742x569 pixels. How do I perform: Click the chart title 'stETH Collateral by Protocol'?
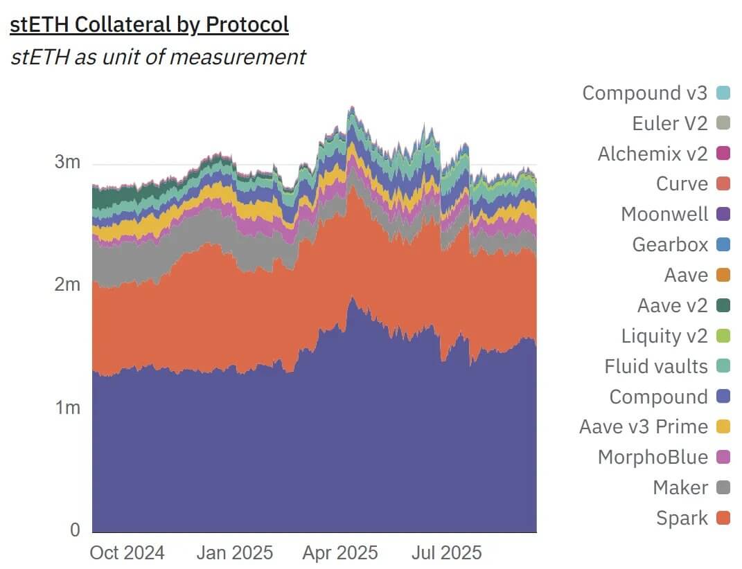pos(149,25)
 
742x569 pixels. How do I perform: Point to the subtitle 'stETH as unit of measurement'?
pos(158,56)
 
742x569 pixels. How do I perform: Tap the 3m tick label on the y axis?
pos(67,163)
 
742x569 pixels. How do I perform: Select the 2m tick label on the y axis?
pos(67,285)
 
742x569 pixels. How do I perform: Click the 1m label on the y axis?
pos(67,408)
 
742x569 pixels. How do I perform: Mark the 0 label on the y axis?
pos(74,530)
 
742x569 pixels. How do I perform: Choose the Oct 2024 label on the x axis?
pos(127,553)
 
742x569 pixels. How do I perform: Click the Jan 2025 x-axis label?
pos(236,553)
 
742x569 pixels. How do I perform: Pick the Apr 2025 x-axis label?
pos(340,553)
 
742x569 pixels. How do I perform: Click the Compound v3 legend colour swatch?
pos(723,93)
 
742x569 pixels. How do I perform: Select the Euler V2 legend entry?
pos(670,123)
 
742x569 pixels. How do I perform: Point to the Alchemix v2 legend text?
pos(653,153)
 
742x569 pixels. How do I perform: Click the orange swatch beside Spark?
pos(723,518)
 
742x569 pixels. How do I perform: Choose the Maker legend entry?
pos(680,487)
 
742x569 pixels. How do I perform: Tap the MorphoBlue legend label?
pos(653,457)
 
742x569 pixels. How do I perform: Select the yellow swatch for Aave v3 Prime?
pos(723,427)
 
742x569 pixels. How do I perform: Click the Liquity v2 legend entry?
pos(664,336)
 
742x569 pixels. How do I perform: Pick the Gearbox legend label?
pos(670,244)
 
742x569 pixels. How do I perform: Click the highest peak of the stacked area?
pos(352,107)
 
